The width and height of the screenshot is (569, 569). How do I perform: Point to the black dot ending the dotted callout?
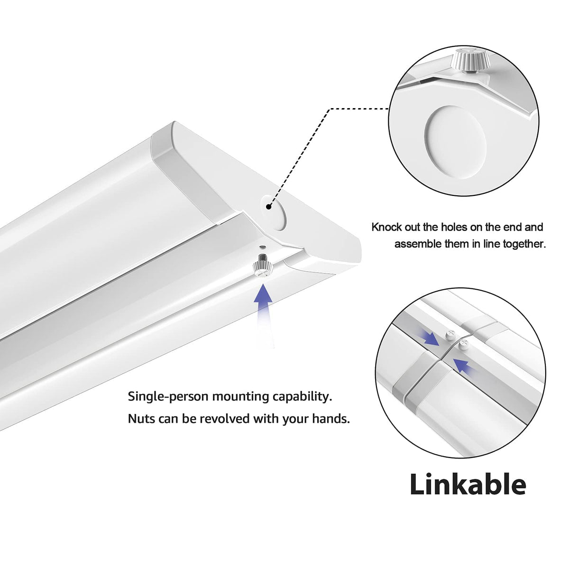tap(268, 207)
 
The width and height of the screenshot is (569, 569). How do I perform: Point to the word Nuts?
tap(141, 419)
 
